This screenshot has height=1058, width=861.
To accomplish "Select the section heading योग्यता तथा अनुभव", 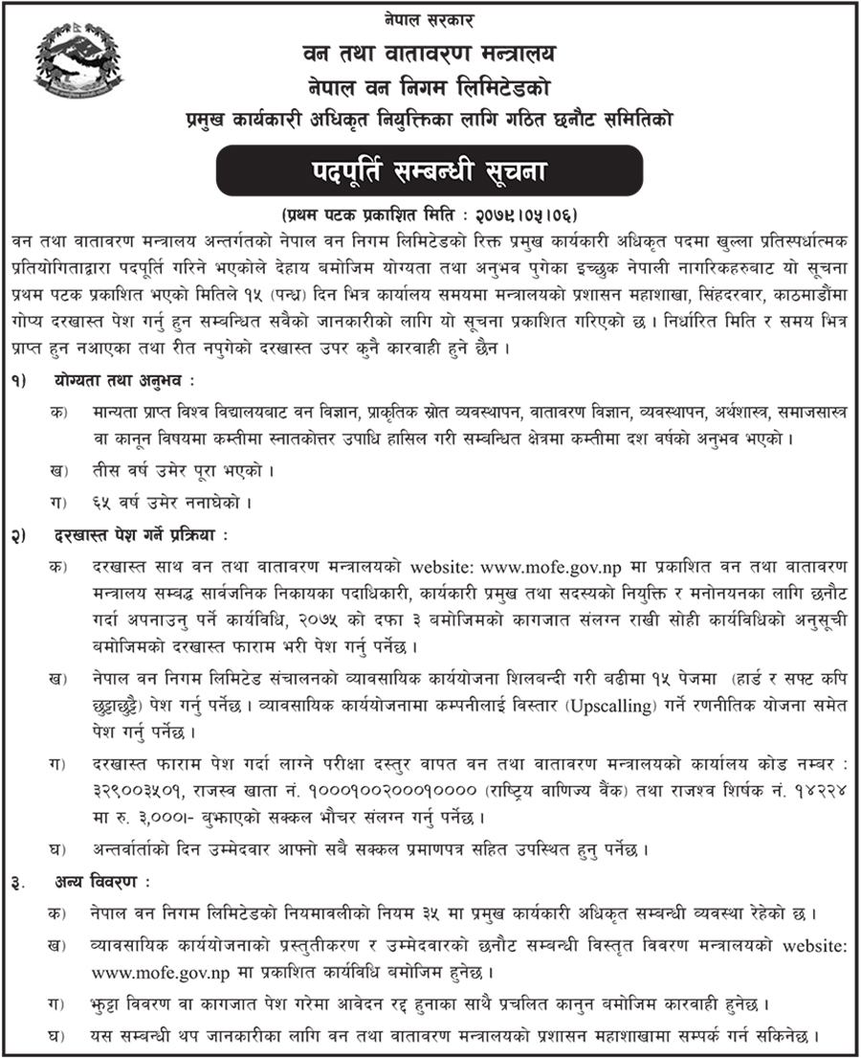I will point(123,380).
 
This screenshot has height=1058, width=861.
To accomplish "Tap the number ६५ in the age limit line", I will point(99,500).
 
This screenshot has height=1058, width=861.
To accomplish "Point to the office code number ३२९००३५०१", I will point(127,793).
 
